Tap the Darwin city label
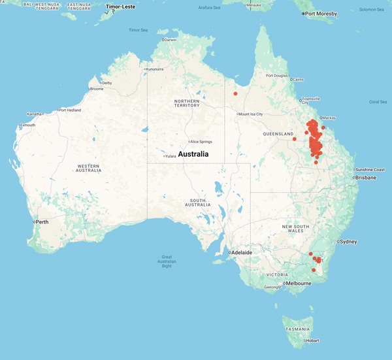[171, 40]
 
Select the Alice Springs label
[201, 141]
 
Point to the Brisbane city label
[366, 177]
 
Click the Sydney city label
[348, 242]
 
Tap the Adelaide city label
[240, 252]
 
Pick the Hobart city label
[313, 340]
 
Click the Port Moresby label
[322, 13]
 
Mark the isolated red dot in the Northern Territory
[235, 93]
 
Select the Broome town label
[97, 89]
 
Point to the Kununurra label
[155, 69]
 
